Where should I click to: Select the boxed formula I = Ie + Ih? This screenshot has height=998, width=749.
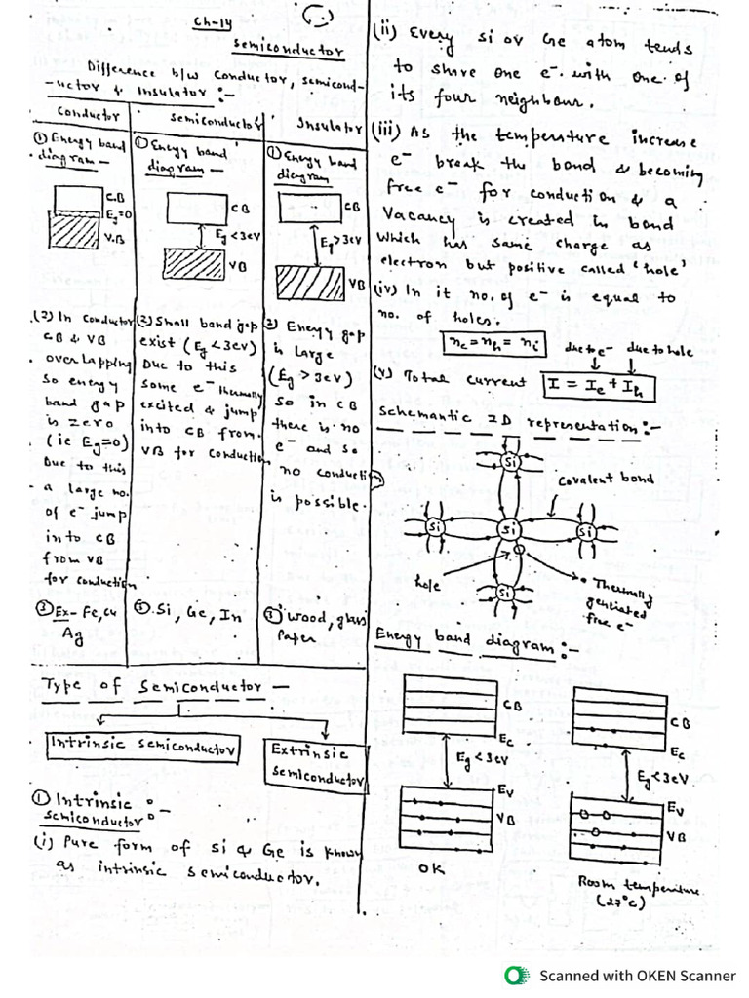[599, 386]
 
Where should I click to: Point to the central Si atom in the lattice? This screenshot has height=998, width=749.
[508, 529]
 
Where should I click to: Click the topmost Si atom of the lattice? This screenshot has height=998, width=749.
[509, 461]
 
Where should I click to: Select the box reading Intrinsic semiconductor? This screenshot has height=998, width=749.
[143, 747]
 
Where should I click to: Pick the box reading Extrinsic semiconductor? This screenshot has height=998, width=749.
[315, 766]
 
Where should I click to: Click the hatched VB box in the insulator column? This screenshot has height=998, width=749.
[310, 283]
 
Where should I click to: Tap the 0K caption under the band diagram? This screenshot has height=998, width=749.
[431, 866]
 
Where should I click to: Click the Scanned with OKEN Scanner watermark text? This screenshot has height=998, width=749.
[638, 976]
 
